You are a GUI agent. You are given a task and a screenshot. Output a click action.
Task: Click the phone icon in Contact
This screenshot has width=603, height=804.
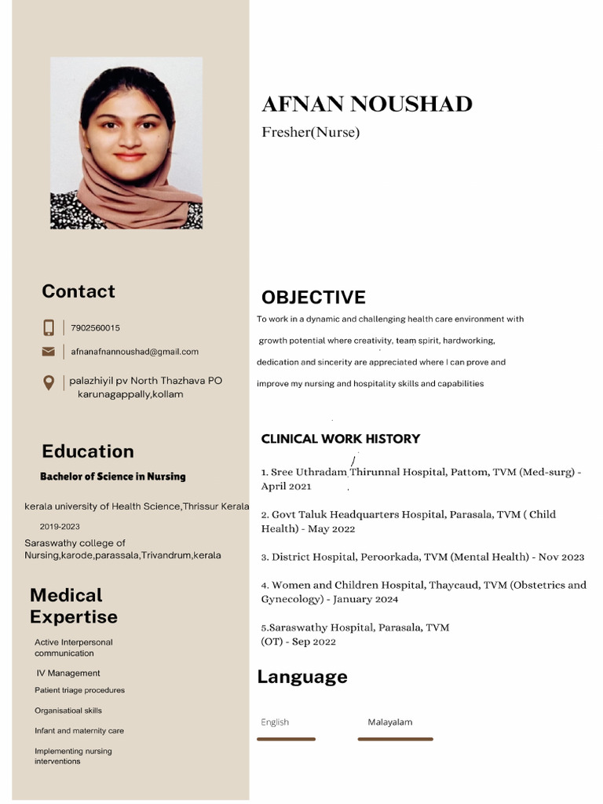(49, 327)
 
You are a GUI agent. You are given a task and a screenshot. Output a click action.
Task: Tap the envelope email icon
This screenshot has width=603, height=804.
(49, 352)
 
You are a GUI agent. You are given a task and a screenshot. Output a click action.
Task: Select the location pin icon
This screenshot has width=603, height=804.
(49, 383)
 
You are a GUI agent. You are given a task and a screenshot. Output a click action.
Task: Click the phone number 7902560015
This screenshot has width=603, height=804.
(95, 328)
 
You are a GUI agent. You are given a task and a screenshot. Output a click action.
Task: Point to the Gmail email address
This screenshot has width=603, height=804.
(134, 352)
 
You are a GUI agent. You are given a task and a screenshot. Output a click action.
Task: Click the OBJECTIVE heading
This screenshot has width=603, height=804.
(313, 298)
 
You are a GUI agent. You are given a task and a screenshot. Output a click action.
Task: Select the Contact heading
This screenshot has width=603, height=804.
(79, 291)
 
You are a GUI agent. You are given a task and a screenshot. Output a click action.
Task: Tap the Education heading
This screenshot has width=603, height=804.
(88, 451)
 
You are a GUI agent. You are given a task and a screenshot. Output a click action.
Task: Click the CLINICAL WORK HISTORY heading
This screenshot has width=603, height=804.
(340, 439)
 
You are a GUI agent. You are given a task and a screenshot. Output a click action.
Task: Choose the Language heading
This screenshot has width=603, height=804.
(302, 677)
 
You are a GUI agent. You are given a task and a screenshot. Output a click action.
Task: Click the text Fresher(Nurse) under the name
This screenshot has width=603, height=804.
(310, 132)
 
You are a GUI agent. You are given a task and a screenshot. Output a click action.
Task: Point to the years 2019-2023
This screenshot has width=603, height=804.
(60, 527)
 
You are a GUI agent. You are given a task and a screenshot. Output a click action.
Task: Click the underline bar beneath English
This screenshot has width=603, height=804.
(286, 739)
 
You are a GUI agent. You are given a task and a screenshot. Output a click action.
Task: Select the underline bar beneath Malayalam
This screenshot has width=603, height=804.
(395, 739)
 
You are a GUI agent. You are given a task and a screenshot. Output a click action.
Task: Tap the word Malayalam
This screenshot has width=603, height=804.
(389, 722)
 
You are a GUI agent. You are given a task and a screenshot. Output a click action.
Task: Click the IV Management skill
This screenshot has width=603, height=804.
(68, 674)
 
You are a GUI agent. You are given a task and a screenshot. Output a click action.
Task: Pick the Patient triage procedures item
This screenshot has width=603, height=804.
(79, 691)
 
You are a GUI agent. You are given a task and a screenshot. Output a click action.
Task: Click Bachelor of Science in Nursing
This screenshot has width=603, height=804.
(113, 477)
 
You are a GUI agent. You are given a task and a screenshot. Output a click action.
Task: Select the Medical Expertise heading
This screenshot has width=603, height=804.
(74, 606)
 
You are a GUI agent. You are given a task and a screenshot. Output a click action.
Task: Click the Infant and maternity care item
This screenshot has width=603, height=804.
(79, 731)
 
